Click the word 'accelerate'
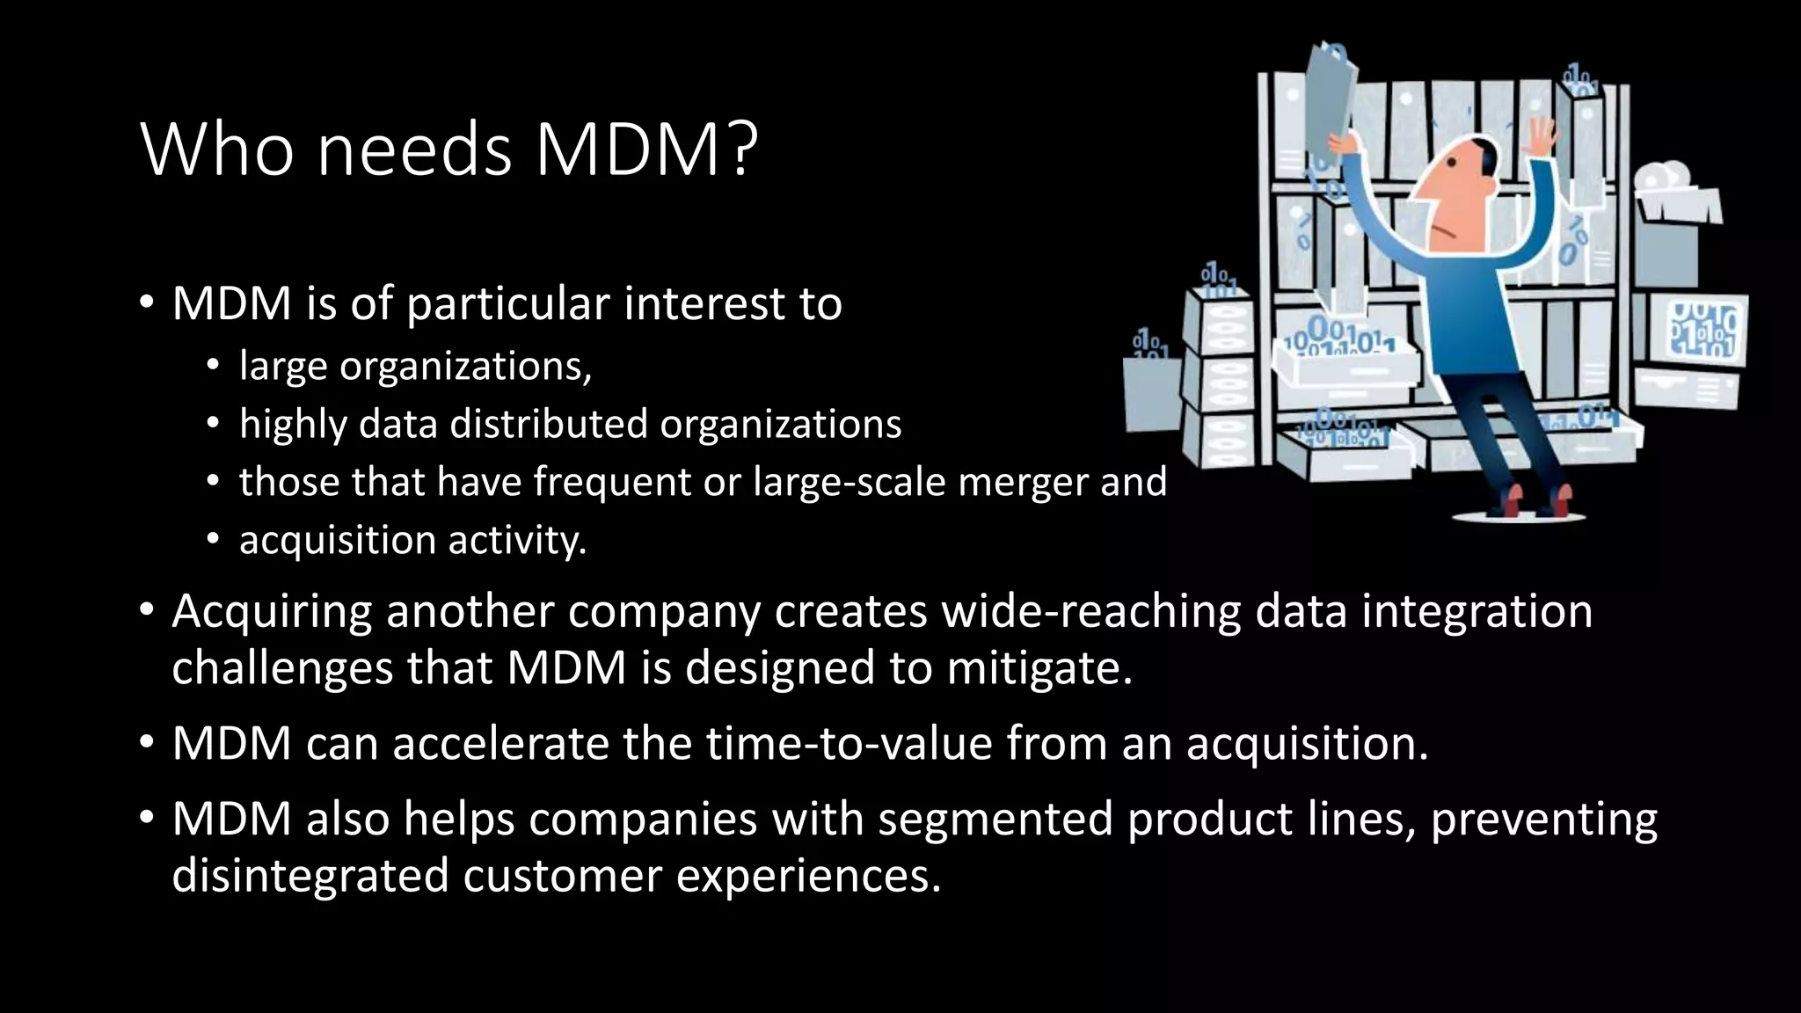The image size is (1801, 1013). [x=500, y=744]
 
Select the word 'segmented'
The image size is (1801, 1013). [x=995, y=820]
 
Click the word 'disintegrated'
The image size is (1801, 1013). [x=310, y=876]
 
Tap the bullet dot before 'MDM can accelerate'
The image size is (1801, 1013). [x=147, y=744]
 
